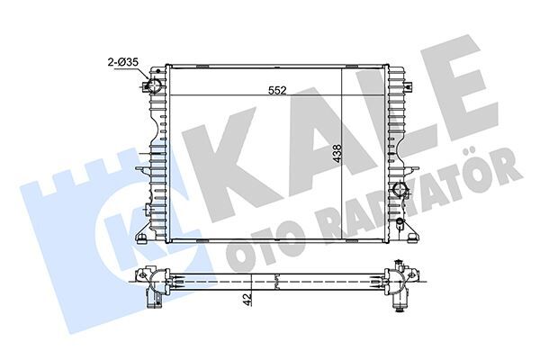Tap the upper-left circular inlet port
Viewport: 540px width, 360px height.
[x=152, y=87]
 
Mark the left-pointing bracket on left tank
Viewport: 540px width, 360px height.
[x=141, y=167]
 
